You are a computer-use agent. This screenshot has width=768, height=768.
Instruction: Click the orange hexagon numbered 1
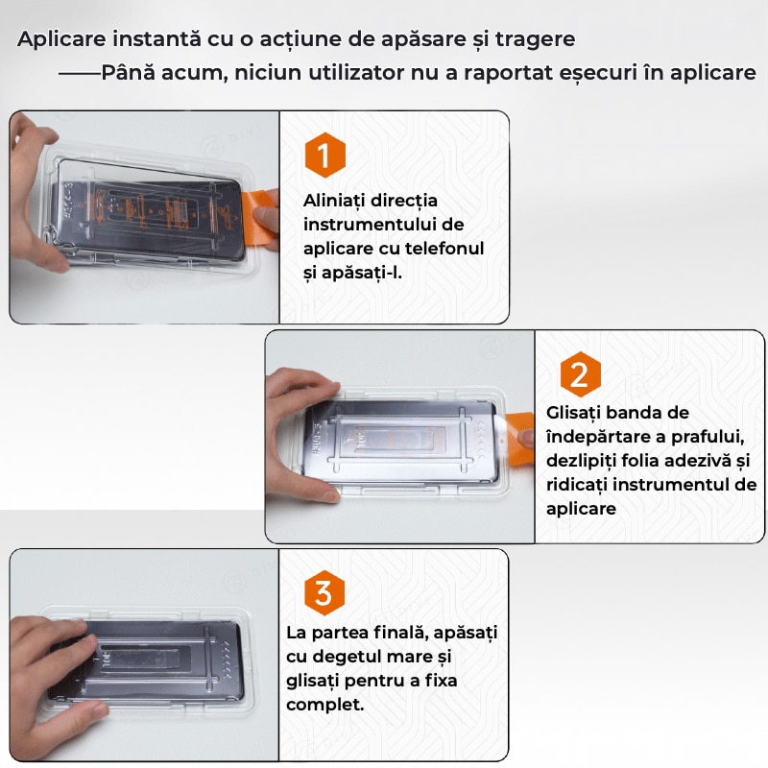click(324, 155)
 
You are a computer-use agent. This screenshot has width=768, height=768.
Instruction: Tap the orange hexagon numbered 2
click(581, 374)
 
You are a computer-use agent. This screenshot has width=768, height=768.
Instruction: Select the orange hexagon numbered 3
click(324, 592)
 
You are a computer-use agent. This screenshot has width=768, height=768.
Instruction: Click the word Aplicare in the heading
click(61, 39)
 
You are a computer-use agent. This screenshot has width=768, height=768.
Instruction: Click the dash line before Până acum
click(80, 74)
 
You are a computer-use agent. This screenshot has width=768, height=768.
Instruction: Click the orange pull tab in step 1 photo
click(258, 216)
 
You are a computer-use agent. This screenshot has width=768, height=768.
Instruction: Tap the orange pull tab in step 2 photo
click(519, 437)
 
